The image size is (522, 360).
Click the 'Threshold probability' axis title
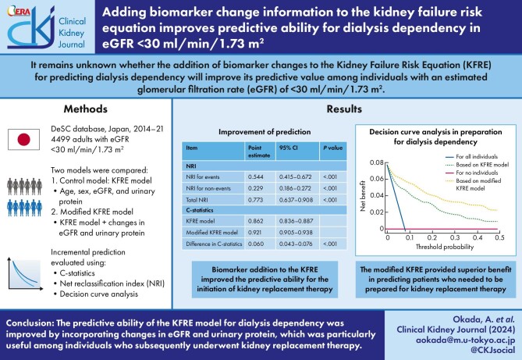click(x=442, y=245)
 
